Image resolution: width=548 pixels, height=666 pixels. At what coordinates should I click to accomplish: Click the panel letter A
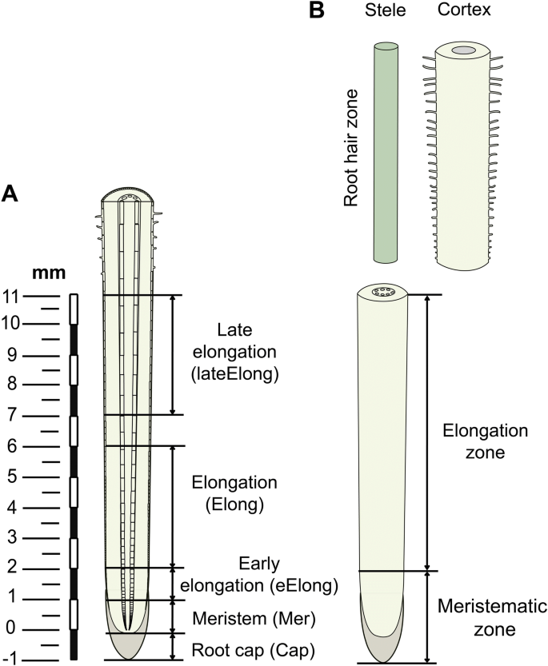pos(11,193)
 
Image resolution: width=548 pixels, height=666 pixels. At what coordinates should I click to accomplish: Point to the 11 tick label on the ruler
pos(11,295)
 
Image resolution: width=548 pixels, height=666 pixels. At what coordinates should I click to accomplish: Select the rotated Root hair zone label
pos(351,148)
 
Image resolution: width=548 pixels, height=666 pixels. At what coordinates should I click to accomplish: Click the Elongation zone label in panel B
pos(486,441)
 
